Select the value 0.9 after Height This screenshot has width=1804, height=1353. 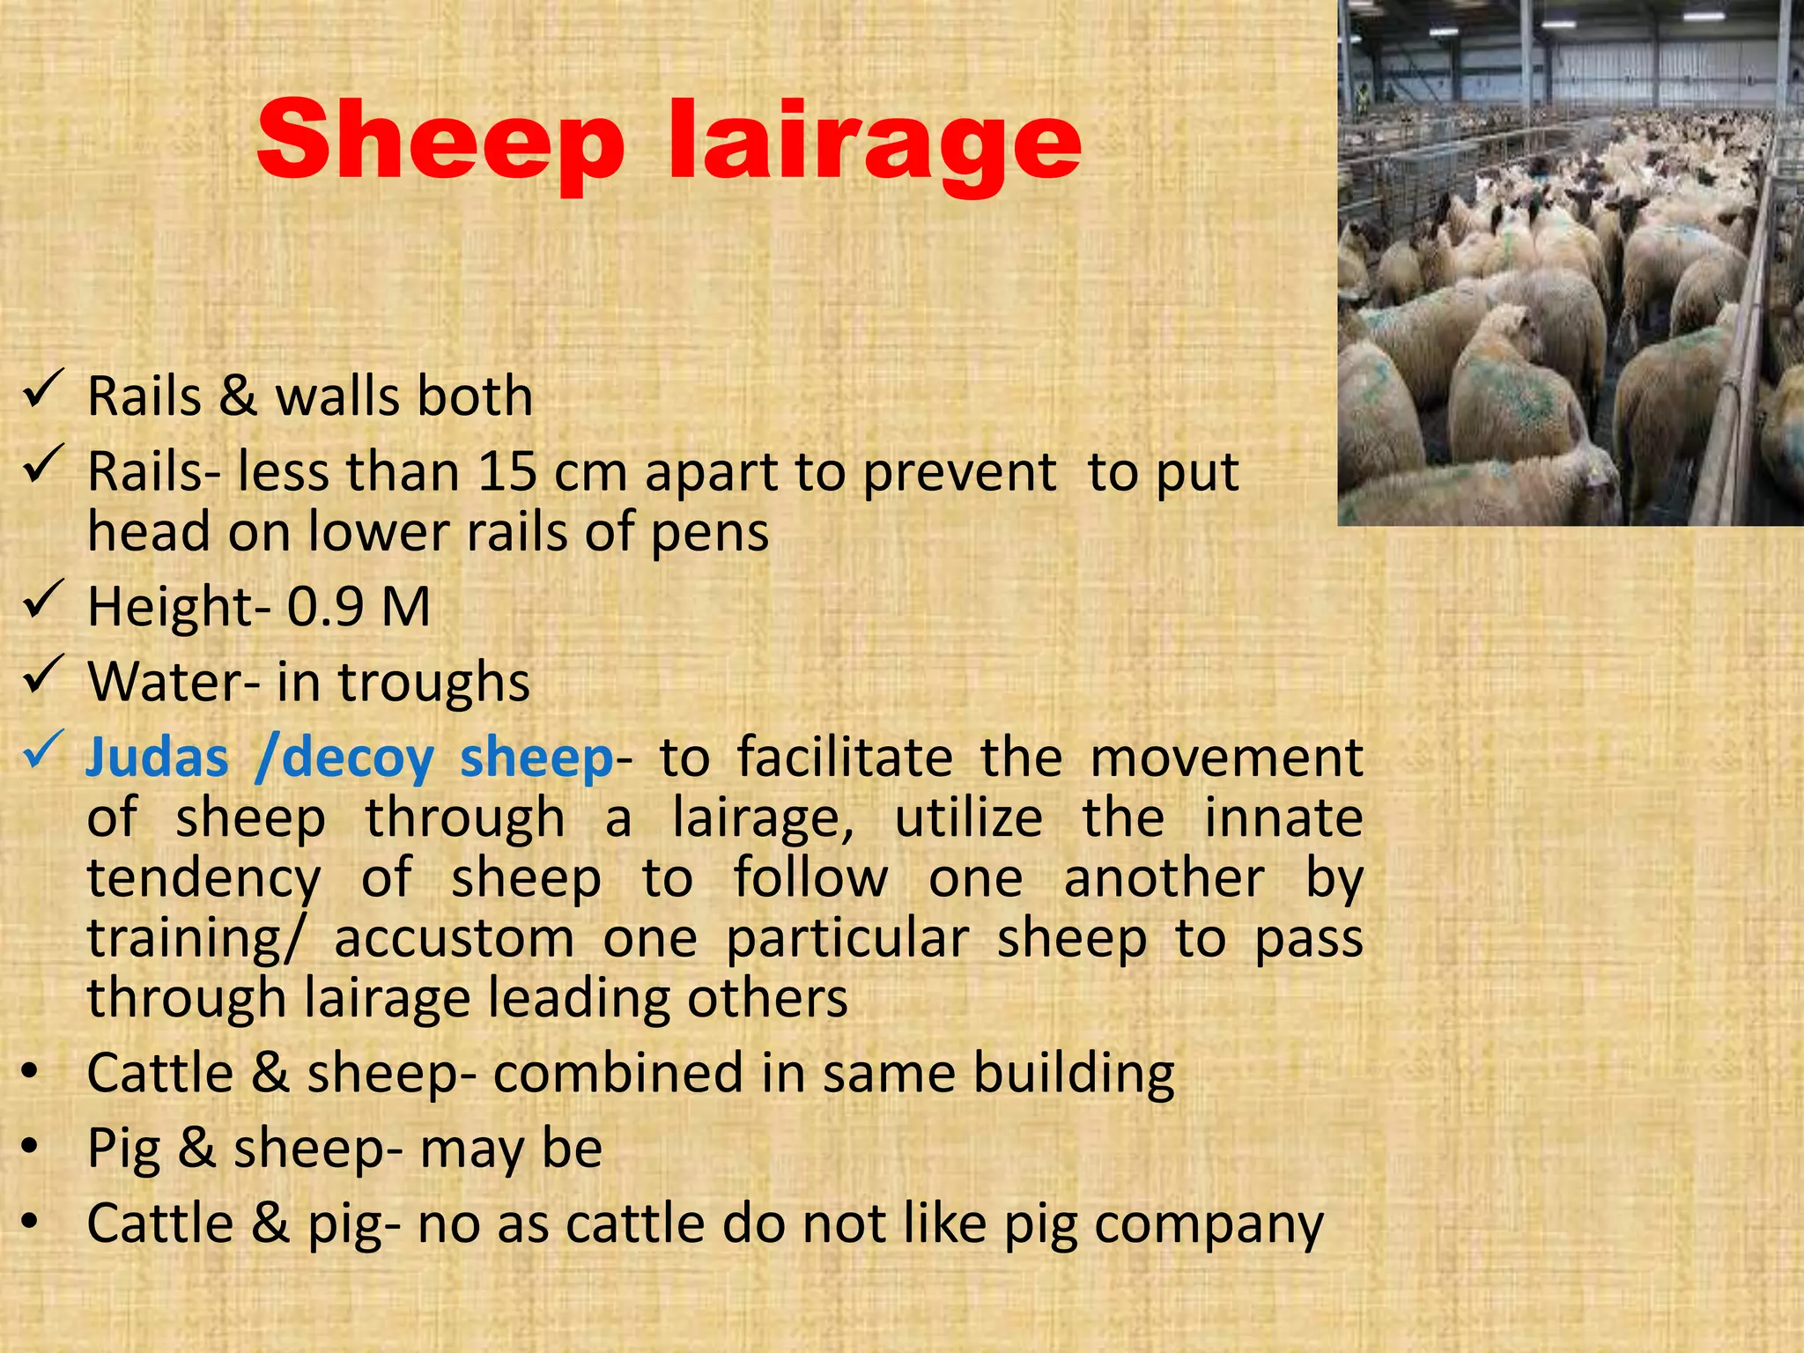(325, 607)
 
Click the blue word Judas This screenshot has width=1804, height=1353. (158, 758)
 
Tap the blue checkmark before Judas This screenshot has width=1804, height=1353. (44, 749)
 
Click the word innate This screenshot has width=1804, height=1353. (1283, 817)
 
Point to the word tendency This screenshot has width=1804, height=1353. (204, 879)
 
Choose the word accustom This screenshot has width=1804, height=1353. (454, 938)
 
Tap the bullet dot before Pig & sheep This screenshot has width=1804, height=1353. (32, 1147)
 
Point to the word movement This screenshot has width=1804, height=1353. (1226, 758)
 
